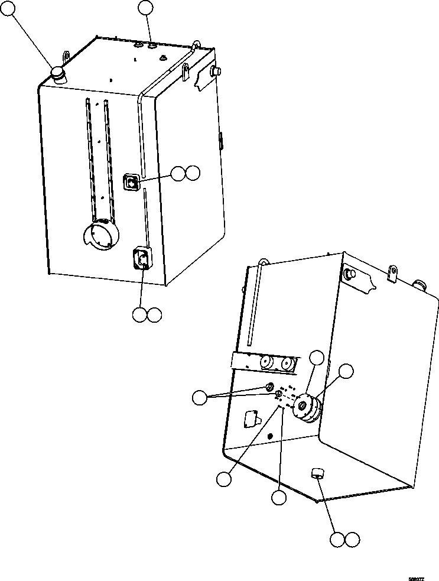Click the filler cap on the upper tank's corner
[x=57, y=74]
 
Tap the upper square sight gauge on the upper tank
[x=131, y=183]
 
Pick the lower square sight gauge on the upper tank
[x=141, y=258]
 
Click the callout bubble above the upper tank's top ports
[x=145, y=8]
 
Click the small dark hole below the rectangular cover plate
[x=270, y=436]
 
